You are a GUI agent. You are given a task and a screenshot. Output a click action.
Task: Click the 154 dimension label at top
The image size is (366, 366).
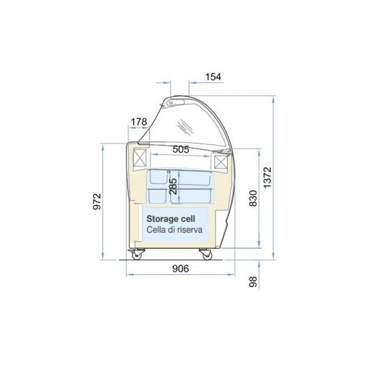point(213,77)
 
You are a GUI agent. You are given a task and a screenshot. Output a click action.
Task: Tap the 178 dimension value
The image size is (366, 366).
point(139,122)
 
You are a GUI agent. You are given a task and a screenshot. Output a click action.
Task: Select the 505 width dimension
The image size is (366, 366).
point(180,149)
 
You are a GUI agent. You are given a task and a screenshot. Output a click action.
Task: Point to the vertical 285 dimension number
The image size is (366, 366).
point(173,186)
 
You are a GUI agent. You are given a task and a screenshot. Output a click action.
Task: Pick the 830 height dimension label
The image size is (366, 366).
point(254,198)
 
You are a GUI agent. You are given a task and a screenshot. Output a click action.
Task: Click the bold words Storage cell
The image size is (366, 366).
point(171,219)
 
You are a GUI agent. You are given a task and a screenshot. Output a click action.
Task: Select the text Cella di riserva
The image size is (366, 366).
point(175,230)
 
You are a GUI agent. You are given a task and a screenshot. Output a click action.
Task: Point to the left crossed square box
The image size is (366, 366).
point(140,158)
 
